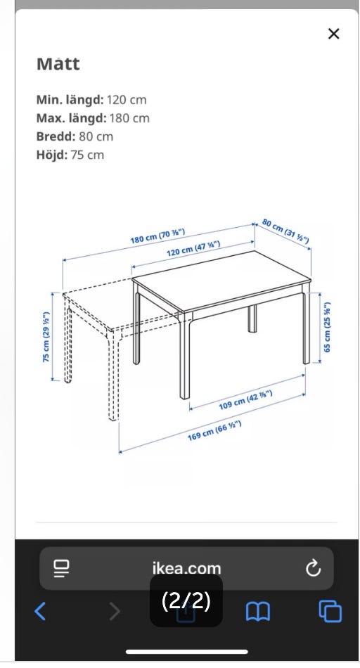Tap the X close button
[333, 34]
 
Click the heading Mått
[58, 64]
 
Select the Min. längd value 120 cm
[127, 100]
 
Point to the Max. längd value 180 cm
[129, 118]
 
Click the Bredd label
[56, 136]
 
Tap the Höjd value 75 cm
[87, 155]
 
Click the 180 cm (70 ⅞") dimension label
[157, 236]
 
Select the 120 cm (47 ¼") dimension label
[193, 248]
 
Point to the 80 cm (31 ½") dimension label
[285, 231]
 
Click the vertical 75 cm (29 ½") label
[46, 337]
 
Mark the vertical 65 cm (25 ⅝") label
[327, 327]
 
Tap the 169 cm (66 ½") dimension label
[214, 430]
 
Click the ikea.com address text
[186, 568]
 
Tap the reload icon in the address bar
[313, 568]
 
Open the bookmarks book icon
[258, 612]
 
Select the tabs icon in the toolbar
[330, 611]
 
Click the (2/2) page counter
[186, 600]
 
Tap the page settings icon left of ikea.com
[61, 568]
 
